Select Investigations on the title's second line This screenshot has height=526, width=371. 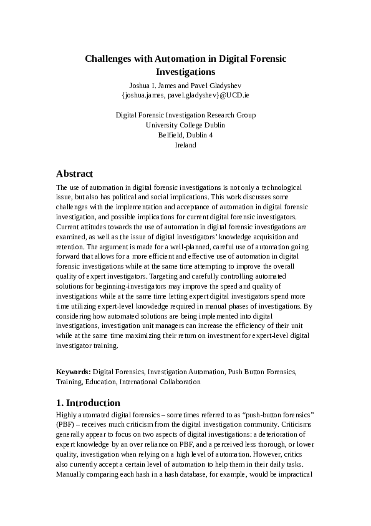pos(185,72)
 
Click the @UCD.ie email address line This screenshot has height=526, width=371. pos(185,96)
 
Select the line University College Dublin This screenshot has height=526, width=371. pos(185,125)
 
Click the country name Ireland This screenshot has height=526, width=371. pos(185,145)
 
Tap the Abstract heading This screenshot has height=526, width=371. pos(74,174)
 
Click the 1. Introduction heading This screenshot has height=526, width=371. pos(88,403)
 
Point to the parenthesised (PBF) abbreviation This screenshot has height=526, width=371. pos(65,425)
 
